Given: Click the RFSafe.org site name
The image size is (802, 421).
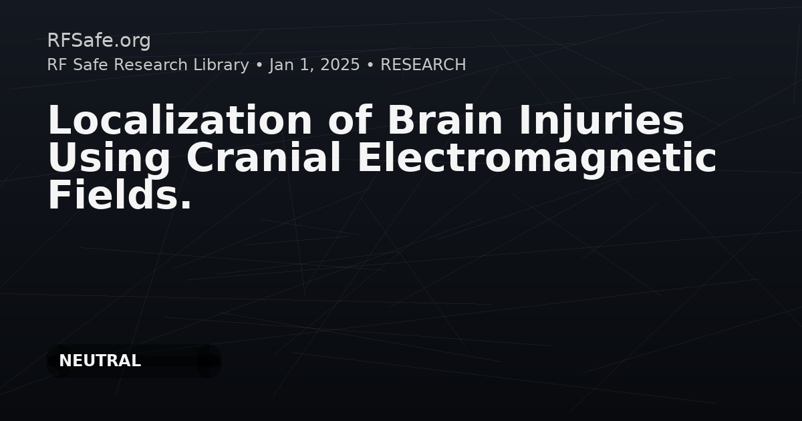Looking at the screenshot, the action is tap(99, 41).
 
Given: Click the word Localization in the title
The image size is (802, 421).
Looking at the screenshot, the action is tap(180, 120).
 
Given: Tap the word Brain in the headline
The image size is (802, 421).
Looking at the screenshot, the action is tap(445, 120).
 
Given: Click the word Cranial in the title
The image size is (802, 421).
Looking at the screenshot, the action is tap(263, 157).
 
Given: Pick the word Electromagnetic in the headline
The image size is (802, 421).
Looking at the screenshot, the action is tap(537, 160).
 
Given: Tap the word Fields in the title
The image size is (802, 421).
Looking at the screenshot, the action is tap(114, 194).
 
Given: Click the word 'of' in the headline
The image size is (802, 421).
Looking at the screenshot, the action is tap(350, 120).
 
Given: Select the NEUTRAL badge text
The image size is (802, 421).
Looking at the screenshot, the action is tap(100, 361).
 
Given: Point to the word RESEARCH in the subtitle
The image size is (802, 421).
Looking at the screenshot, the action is tap(423, 65).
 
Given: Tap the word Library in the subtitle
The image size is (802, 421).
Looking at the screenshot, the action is tap(221, 65).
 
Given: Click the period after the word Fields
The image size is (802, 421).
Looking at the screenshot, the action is tap(186, 204).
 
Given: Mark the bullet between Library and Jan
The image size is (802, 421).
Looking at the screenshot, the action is tap(259, 65).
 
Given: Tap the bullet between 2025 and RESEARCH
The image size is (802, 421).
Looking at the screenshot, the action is tap(370, 65).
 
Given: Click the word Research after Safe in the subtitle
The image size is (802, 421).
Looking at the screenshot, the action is tap(150, 65).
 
